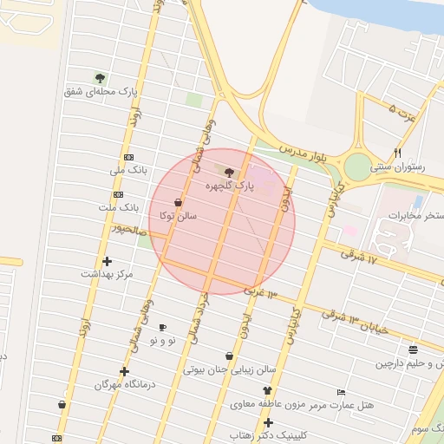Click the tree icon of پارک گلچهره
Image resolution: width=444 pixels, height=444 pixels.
click(x=229, y=172)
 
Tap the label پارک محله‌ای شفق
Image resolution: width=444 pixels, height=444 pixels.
click(x=101, y=90)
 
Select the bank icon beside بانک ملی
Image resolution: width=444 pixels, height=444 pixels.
click(x=129, y=157)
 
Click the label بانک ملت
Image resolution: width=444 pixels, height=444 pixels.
click(x=118, y=208)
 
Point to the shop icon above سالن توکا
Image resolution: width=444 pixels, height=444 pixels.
click(x=178, y=201)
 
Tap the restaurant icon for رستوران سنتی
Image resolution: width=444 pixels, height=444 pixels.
click(x=397, y=153)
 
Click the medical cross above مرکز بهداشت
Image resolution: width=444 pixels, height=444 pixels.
click(x=107, y=260)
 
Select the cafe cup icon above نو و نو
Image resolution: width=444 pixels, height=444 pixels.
click(x=162, y=327)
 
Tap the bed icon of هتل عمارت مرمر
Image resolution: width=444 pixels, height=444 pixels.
click(x=341, y=392)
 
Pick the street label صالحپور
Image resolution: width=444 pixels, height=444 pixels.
click(x=121, y=229)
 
